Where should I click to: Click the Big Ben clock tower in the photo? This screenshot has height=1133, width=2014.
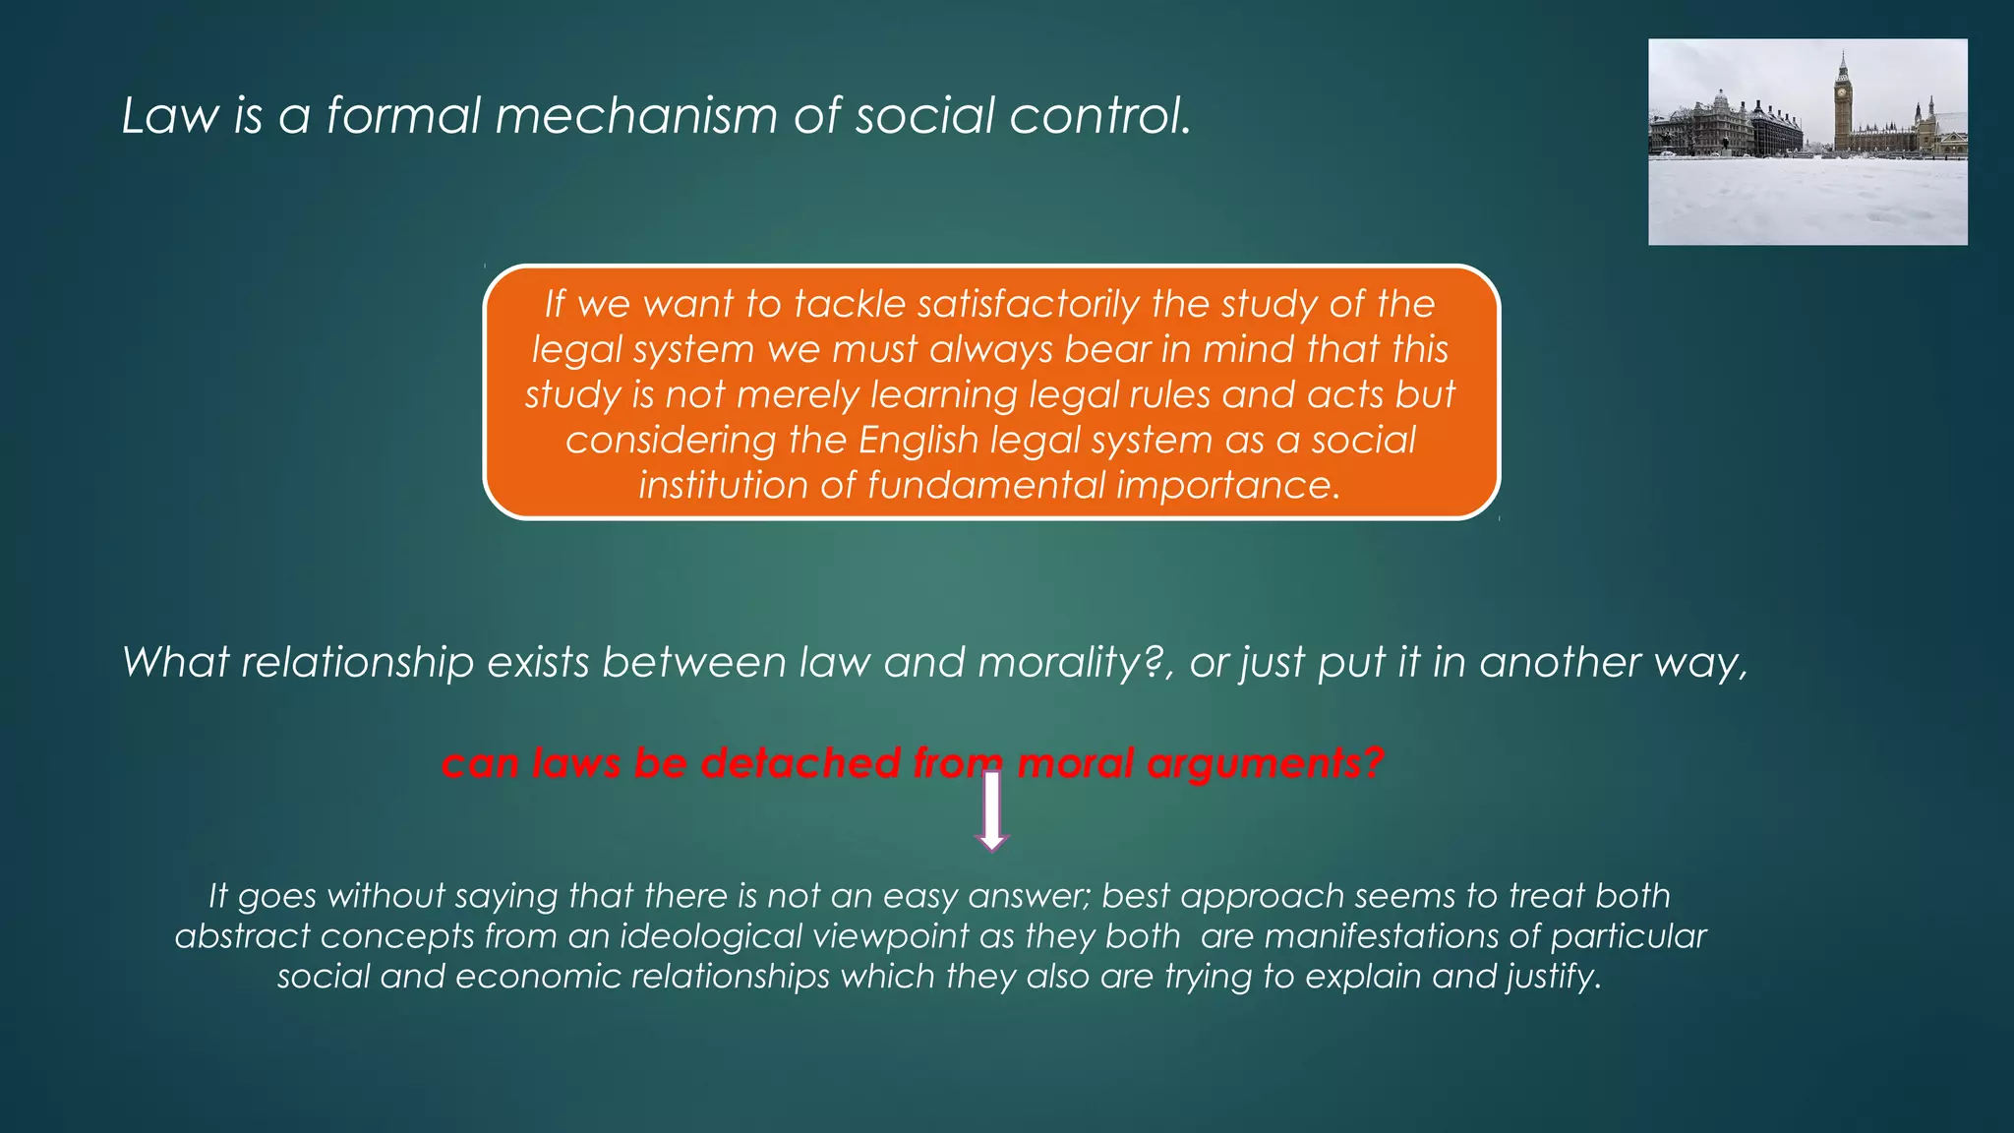1842,103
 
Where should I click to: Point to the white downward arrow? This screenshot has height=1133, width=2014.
991,811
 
